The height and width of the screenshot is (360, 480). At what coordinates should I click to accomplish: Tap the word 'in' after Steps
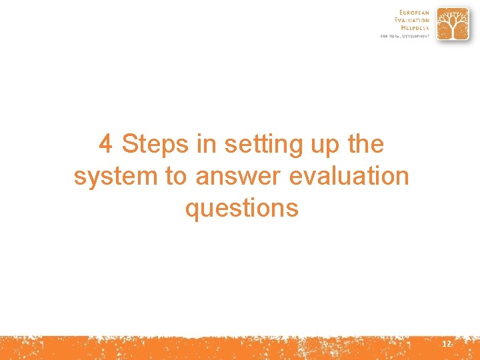tap(206, 144)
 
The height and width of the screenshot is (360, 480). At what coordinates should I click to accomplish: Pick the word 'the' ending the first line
tap(365, 144)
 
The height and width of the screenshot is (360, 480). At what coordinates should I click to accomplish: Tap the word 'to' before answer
tap(176, 177)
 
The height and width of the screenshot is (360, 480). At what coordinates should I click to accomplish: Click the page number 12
tap(446, 344)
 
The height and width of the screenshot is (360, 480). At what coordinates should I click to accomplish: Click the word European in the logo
tap(414, 13)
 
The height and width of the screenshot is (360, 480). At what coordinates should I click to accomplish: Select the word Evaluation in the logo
tap(412, 20)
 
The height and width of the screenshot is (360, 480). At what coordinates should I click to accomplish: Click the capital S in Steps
tap(130, 144)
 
